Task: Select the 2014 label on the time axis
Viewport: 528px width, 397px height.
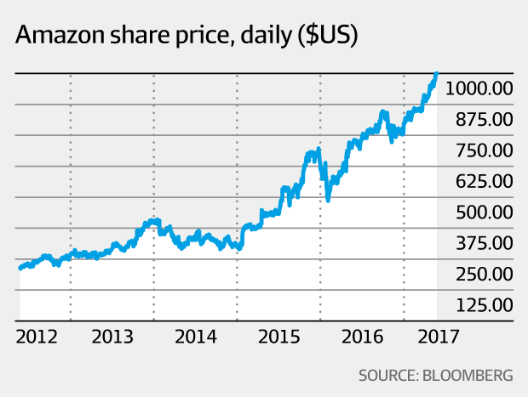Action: (x=195, y=337)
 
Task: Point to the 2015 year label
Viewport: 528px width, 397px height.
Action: (x=278, y=337)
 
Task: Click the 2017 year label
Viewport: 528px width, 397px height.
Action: (x=439, y=337)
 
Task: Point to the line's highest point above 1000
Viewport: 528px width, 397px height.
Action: (x=436, y=75)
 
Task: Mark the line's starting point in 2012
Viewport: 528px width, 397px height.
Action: (x=20, y=268)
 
